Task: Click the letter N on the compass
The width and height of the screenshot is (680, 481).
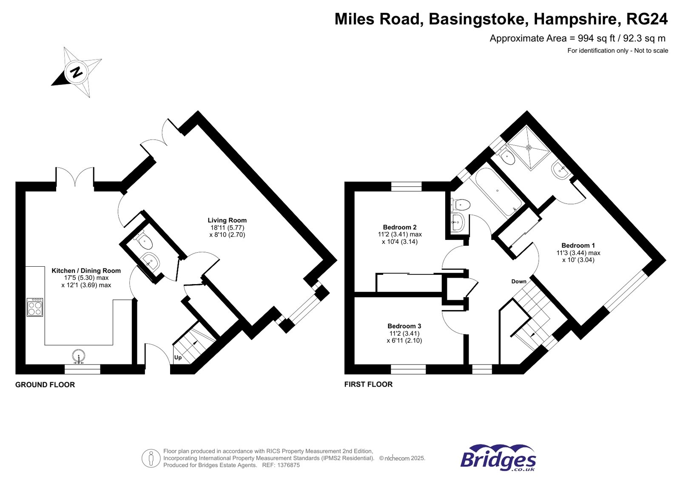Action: tap(77, 72)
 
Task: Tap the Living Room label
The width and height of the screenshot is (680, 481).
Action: tap(227, 220)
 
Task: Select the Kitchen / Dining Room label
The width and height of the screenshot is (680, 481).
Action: tap(86, 270)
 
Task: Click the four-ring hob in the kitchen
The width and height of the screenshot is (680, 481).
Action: tap(35, 307)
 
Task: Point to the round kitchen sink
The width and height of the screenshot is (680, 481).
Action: tap(79, 356)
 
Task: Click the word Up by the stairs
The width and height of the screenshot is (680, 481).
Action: tap(178, 358)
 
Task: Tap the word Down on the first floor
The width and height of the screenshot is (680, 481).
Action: tap(518, 282)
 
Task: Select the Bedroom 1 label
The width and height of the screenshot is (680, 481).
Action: tap(578, 245)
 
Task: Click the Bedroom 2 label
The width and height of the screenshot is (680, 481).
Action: tap(399, 227)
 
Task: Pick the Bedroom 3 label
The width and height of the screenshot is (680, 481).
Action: tap(404, 326)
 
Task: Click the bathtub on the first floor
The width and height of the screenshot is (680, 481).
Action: tap(498, 192)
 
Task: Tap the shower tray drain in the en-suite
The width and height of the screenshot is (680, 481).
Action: tap(529, 148)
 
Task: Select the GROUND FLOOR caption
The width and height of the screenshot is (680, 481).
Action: tap(45, 385)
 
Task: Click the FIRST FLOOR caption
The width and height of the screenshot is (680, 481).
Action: tap(368, 384)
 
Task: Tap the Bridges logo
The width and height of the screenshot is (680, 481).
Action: tap(498, 458)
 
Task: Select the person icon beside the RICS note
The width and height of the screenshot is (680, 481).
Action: tap(151, 458)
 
